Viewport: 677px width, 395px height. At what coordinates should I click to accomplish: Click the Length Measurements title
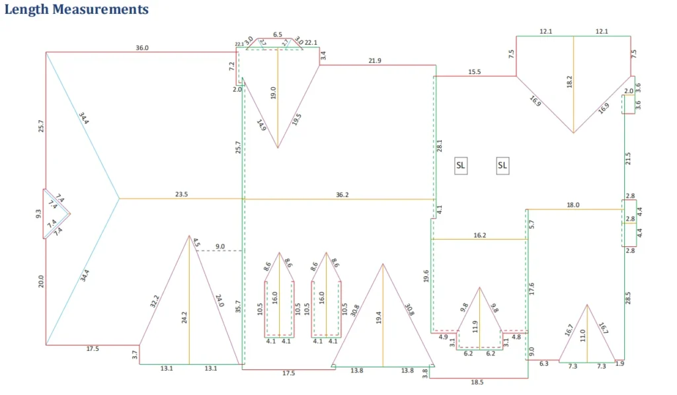point(76,10)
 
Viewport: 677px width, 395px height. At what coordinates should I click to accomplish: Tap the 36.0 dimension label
point(142,48)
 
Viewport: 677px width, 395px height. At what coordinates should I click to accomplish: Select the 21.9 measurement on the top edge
point(375,61)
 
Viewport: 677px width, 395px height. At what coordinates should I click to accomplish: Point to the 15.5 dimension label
point(475,71)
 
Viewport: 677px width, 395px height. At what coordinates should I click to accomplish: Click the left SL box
point(461,166)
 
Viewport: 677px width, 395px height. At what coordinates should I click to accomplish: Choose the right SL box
point(502,166)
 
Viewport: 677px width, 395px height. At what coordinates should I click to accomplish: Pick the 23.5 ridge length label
point(182,194)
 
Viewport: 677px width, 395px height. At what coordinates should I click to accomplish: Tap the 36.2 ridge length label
point(342,194)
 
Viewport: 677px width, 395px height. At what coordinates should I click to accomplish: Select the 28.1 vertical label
point(439,147)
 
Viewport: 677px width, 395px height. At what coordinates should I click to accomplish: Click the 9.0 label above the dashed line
point(220,246)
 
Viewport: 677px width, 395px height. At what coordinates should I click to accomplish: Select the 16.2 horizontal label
point(480,235)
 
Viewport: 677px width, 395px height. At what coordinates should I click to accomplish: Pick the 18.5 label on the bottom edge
point(477,382)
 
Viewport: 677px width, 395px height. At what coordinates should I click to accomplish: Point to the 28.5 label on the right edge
point(628,297)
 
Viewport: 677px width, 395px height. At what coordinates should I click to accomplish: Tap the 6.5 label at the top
point(278,34)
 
